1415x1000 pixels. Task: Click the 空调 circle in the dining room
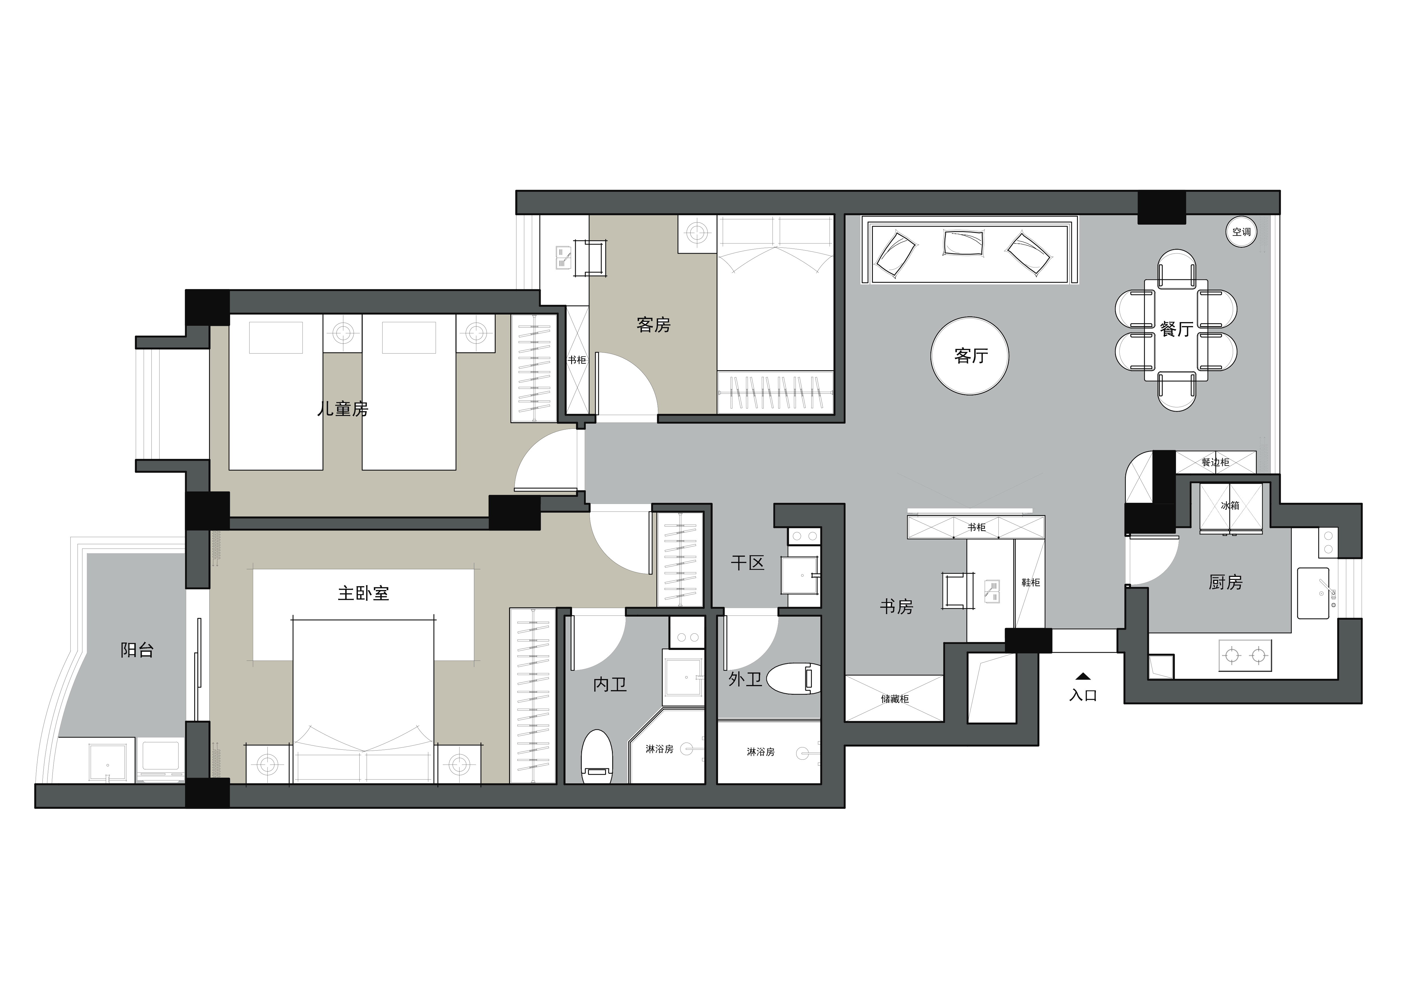coord(1241,232)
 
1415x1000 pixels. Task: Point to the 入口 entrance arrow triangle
coord(1083,676)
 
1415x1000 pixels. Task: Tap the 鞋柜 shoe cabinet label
coord(1030,582)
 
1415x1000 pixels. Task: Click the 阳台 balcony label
coord(137,650)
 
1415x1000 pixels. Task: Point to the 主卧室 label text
coord(363,593)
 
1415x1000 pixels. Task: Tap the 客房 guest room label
coord(653,325)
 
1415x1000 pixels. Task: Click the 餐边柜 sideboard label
coord(1215,462)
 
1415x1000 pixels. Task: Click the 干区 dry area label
coord(747,562)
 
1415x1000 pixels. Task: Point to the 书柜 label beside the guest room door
coord(577,360)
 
